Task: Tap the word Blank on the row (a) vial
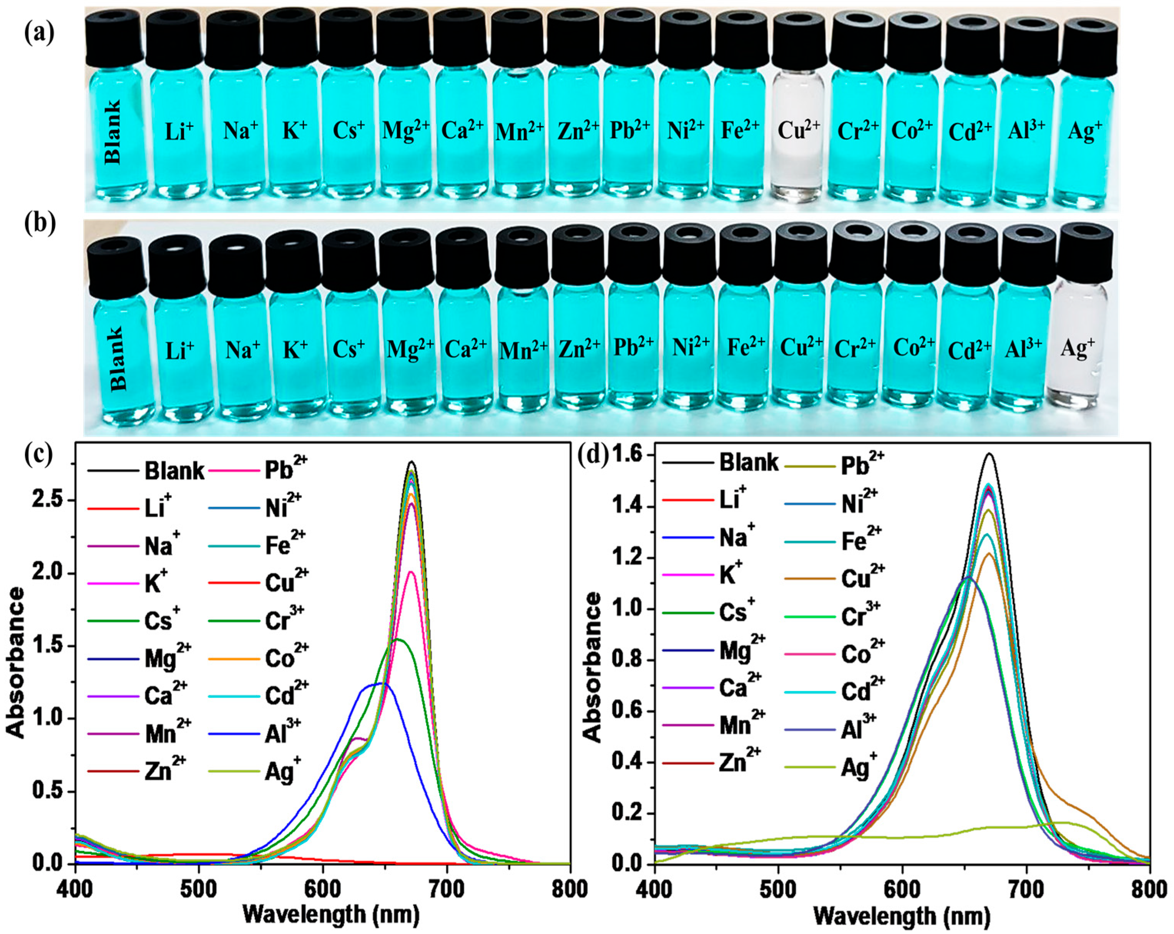[x=113, y=132]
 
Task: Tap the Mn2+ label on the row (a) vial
[x=519, y=132]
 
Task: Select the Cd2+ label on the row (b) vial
[x=969, y=350]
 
